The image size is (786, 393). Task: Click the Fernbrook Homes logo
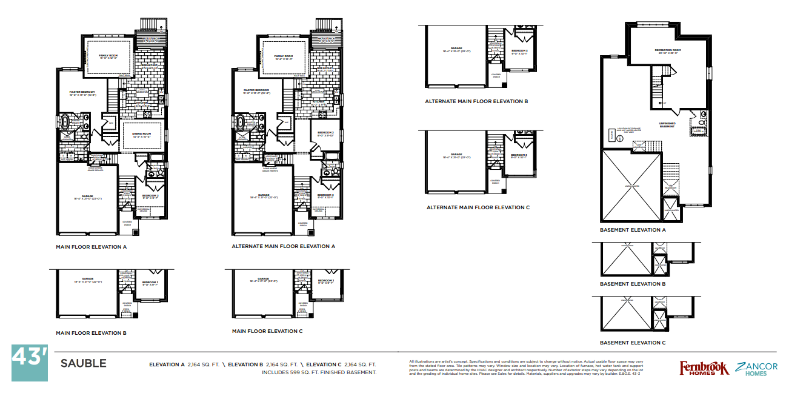click(x=703, y=368)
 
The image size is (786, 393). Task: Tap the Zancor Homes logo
click(x=756, y=368)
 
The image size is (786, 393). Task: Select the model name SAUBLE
click(x=83, y=364)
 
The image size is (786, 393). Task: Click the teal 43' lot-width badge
click(x=29, y=363)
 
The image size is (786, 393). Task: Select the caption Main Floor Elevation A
click(x=91, y=247)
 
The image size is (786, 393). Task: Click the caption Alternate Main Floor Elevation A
click(x=283, y=247)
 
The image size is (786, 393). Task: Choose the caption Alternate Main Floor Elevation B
click(x=478, y=101)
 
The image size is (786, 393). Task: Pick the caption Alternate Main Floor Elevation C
click(x=478, y=207)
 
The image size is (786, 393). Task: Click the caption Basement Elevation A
click(x=633, y=230)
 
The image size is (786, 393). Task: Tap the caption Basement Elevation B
click(x=633, y=284)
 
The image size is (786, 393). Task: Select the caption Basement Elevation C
click(x=633, y=343)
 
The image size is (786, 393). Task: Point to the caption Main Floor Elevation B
click(x=91, y=333)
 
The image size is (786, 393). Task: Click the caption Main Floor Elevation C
click(x=267, y=332)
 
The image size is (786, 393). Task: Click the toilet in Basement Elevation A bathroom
click(x=704, y=114)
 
